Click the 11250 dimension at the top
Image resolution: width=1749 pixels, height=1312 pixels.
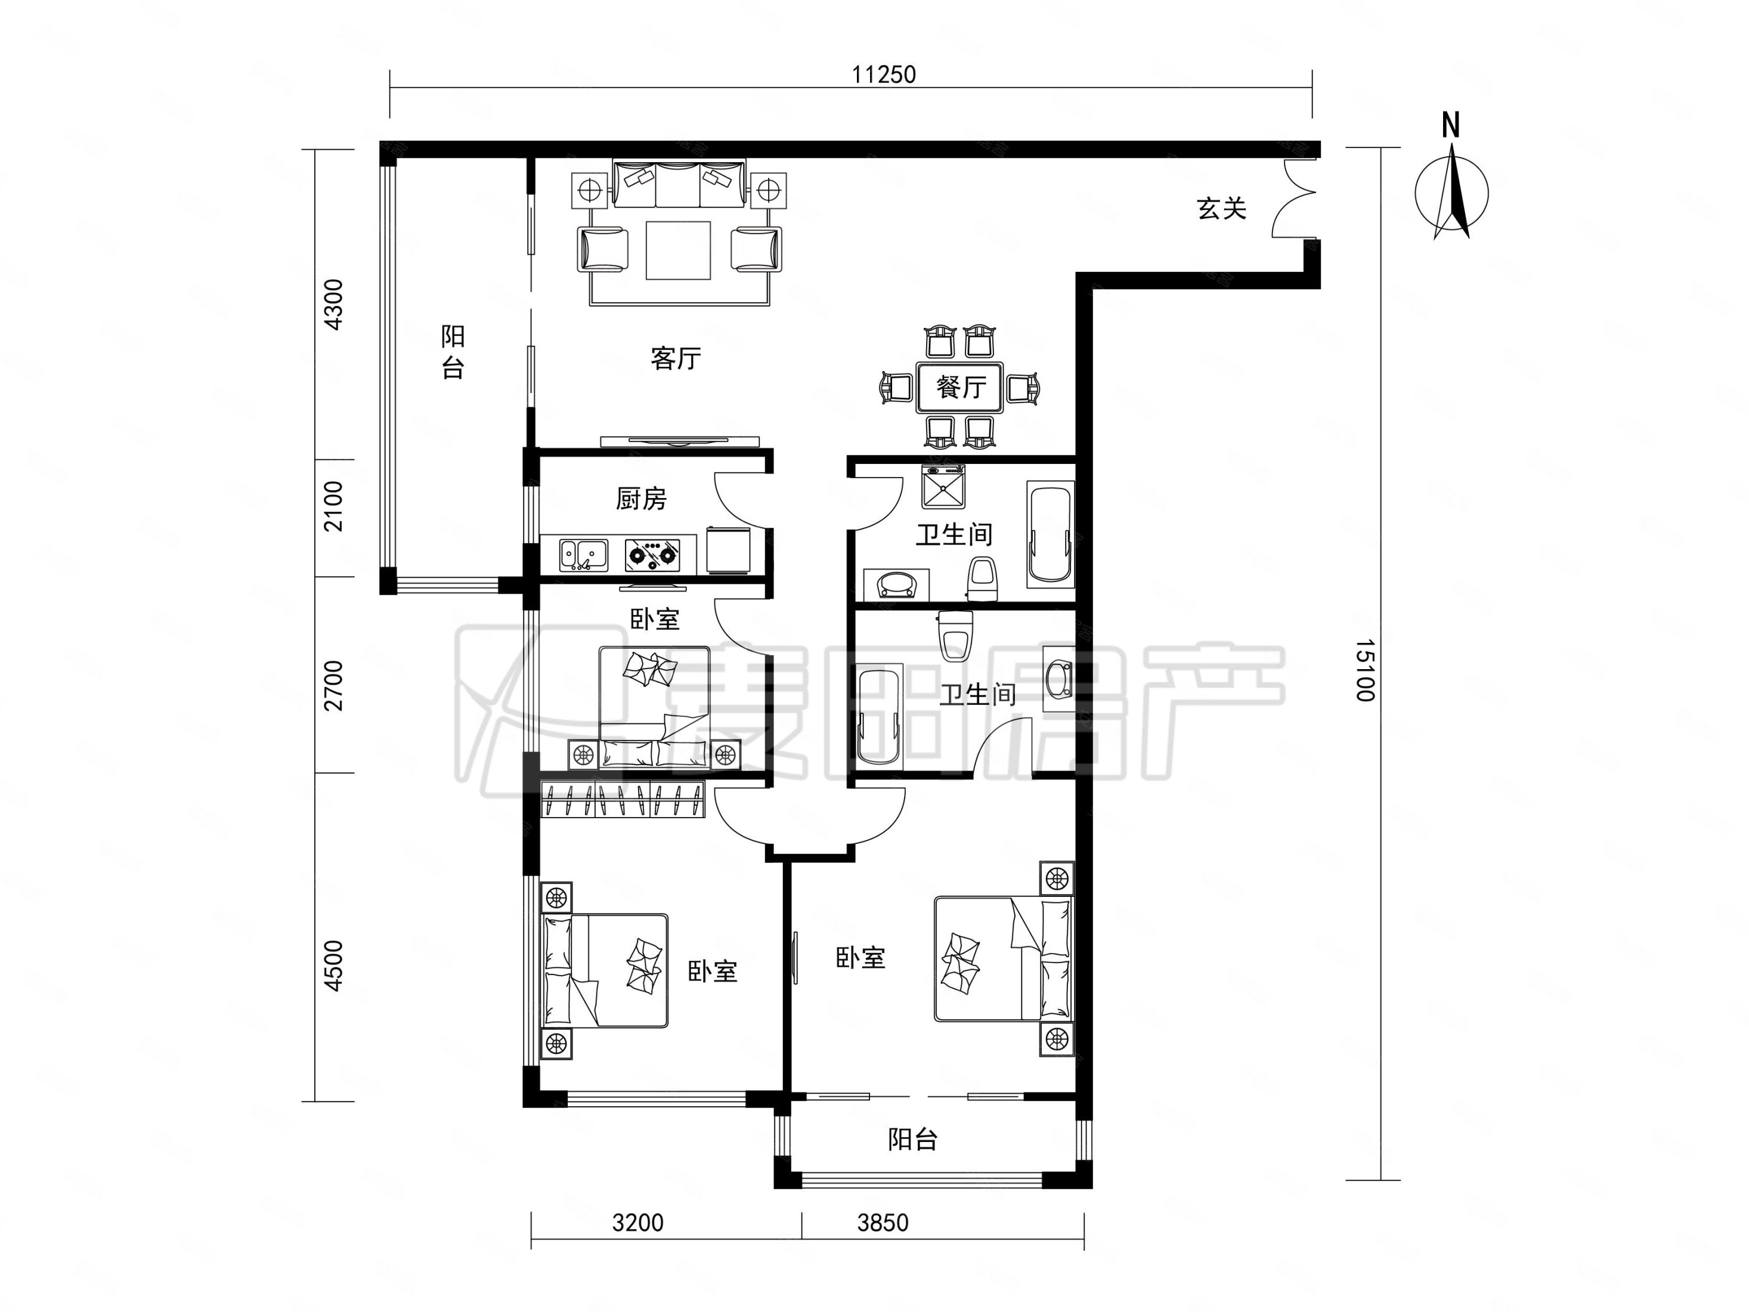pos(883,75)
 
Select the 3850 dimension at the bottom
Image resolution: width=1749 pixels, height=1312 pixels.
pos(883,1223)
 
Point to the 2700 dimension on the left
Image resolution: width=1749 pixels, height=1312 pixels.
pos(335,685)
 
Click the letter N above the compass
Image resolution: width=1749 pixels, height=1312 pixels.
pos(1450,126)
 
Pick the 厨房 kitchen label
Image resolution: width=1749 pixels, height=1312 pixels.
pos(640,498)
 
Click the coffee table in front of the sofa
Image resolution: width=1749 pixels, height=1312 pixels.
pos(677,250)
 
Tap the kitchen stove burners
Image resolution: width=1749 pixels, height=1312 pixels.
pos(652,555)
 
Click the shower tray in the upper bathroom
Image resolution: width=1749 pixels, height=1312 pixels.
pos(943,487)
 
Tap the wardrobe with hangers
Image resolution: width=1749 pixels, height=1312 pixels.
pos(623,798)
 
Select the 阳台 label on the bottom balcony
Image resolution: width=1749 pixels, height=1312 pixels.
pos(912,1140)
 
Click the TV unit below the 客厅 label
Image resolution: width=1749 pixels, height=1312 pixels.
pos(679,441)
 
